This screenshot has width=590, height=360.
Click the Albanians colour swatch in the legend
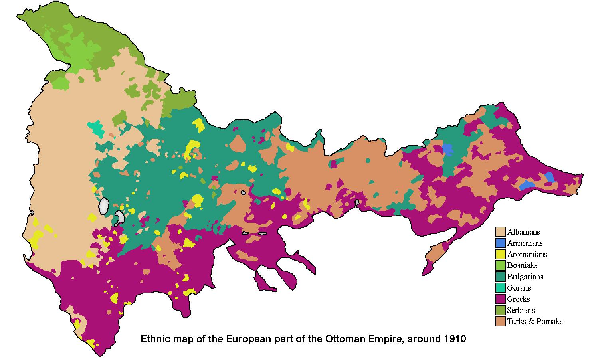pos(501,232)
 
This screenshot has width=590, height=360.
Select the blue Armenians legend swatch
pos(501,243)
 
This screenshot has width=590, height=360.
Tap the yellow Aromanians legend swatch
pos(501,254)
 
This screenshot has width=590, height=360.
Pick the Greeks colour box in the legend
pos(501,299)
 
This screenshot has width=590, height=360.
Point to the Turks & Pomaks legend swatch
pos(501,321)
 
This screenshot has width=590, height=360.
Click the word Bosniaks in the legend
pos(522,265)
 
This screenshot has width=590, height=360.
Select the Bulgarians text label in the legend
pos(525,277)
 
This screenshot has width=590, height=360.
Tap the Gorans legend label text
pos(519,288)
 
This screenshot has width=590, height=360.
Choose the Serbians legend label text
pos(521,310)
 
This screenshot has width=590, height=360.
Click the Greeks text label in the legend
pos(519,299)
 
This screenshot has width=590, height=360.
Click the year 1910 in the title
pos(455,340)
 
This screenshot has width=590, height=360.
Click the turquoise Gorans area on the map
pos(96,128)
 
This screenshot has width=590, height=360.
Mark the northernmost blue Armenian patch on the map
pos(448,149)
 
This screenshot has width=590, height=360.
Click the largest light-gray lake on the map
pos(104,206)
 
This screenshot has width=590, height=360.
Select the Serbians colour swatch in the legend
pos(501,310)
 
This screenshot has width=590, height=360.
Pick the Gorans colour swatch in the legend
pos(501,288)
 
